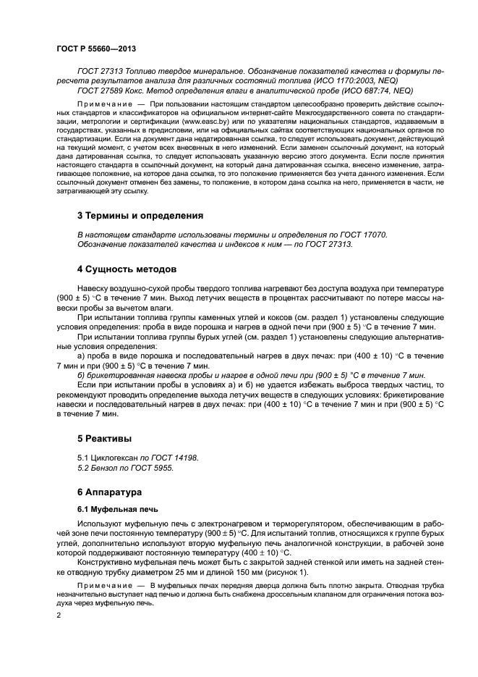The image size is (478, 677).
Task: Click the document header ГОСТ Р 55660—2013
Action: click(x=96, y=49)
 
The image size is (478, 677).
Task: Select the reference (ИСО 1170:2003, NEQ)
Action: click(x=357, y=80)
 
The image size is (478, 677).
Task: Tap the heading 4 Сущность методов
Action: click(x=127, y=269)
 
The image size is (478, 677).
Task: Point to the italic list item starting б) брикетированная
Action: click(x=250, y=376)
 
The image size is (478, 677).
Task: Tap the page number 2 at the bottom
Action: click(x=59, y=615)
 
